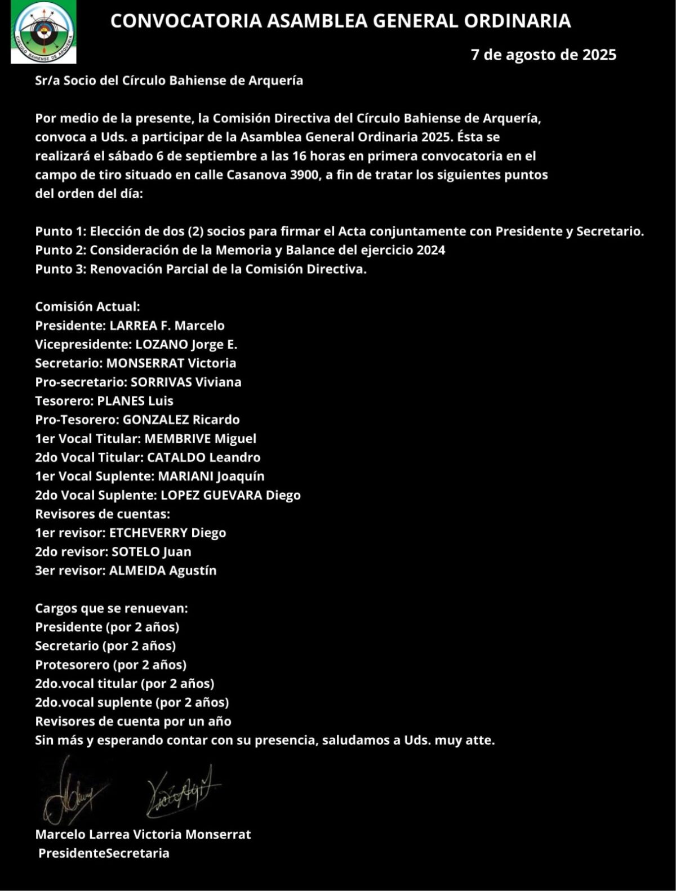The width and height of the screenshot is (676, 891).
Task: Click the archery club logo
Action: click(x=43, y=33)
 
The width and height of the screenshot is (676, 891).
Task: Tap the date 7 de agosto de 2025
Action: click(x=543, y=55)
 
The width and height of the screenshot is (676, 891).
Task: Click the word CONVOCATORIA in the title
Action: click(x=186, y=21)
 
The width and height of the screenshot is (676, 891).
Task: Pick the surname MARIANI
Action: click(x=185, y=476)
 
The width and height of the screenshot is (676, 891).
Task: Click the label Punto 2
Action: click(x=60, y=250)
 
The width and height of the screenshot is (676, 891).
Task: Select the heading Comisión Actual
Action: click(x=87, y=307)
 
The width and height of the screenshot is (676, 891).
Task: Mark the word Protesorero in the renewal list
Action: click(x=73, y=665)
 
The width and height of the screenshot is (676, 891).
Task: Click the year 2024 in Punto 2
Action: click(x=431, y=250)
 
